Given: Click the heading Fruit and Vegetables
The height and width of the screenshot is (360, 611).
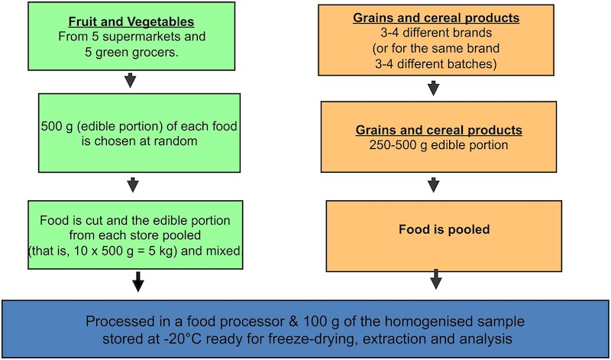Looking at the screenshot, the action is click(x=131, y=22).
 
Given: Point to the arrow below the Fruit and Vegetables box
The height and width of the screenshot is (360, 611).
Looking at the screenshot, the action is click(x=130, y=80).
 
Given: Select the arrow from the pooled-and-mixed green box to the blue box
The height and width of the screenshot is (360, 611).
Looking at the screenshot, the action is click(x=137, y=281).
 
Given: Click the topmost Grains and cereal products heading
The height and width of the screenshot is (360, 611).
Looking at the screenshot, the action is click(x=436, y=18).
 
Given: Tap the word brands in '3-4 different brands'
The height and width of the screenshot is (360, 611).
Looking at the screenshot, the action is click(x=473, y=33).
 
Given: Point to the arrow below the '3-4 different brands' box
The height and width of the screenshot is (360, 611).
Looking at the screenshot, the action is click(x=433, y=88).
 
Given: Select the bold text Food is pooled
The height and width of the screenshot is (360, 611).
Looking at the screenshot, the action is click(x=444, y=229).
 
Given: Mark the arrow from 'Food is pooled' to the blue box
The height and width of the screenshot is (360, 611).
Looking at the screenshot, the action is click(x=435, y=279).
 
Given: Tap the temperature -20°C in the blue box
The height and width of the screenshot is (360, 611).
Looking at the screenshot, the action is click(x=193, y=339).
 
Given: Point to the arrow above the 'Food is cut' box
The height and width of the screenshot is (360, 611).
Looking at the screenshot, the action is click(x=133, y=185).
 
